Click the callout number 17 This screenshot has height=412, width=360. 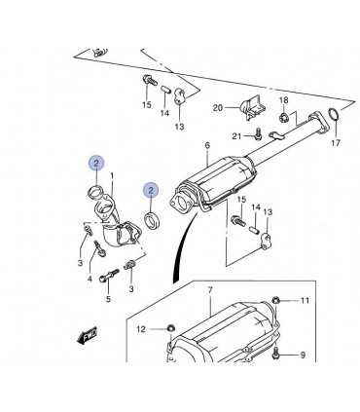tap(336, 142)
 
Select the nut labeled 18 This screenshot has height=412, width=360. tap(284, 117)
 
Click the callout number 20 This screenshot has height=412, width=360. tap(218, 107)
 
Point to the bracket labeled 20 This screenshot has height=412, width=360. tap(253, 107)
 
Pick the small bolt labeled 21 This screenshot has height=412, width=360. tap(258, 133)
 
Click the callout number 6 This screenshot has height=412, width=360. tap(207, 145)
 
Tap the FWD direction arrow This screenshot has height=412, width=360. tap(88, 335)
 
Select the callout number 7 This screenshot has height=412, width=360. tap(210, 290)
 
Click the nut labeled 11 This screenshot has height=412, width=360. tap(275, 301)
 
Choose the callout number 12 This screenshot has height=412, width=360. tap(141, 329)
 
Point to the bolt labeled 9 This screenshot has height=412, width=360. tap(276, 353)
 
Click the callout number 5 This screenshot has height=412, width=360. tap(108, 299)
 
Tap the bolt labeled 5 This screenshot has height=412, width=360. tap(109, 275)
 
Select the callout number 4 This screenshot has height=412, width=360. tap(90, 279)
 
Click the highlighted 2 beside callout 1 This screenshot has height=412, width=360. tap(96, 164)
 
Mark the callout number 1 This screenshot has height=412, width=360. tap(112, 175)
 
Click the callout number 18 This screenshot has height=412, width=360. tap(284, 100)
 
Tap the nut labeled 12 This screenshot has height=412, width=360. tap(170, 328)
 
